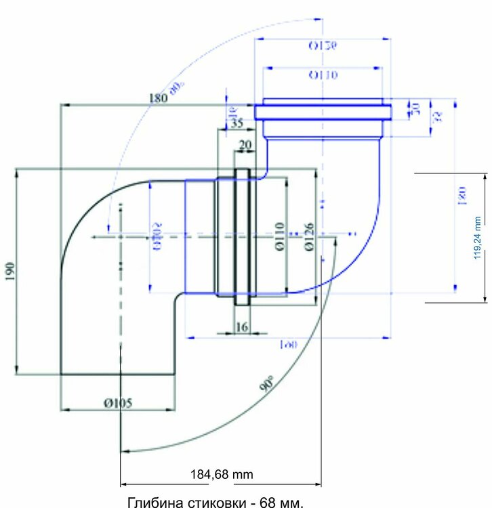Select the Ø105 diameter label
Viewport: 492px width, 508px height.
[x=117, y=402]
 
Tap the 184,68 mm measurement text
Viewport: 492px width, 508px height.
[x=222, y=474]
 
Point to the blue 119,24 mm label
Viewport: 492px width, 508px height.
[x=477, y=237]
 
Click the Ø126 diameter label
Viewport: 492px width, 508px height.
[x=309, y=236]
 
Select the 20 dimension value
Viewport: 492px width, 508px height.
[x=245, y=145]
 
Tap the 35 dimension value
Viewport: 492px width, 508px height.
[x=236, y=123]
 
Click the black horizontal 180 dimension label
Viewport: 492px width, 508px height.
[x=157, y=98]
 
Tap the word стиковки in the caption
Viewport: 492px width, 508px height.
[x=207, y=501]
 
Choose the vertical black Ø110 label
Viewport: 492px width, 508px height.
[x=279, y=236]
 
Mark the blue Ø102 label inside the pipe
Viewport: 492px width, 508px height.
[x=157, y=235]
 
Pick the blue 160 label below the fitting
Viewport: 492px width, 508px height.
[x=289, y=345]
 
